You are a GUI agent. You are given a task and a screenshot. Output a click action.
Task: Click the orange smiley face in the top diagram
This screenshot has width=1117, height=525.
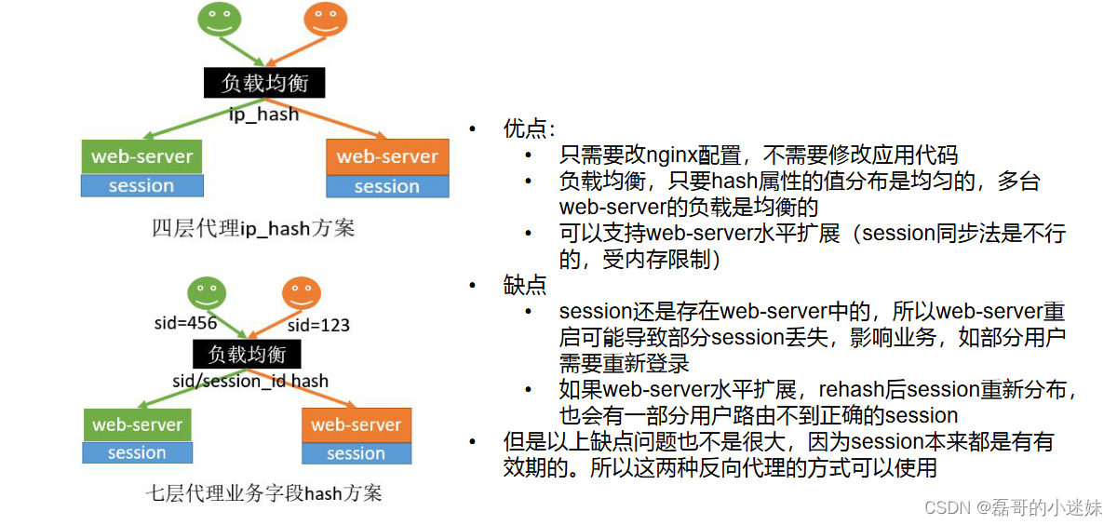click(x=326, y=20)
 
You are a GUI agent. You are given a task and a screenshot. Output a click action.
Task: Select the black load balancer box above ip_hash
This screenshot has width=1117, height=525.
click(x=264, y=83)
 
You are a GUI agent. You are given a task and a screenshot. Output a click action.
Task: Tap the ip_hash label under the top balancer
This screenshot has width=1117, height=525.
click(x=264, y=114)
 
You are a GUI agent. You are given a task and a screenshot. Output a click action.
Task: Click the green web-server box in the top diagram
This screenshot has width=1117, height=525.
click(x=141, y=156)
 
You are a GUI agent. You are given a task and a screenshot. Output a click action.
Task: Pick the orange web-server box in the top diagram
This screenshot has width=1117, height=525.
click(x=387, y=156)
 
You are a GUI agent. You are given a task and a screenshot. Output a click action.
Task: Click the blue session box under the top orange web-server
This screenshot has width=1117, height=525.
click(x=387, y=186)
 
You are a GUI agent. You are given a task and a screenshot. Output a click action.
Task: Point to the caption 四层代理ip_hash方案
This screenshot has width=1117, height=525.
click(x=253, y=228)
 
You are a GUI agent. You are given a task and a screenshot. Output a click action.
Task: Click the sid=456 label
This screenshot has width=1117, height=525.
click(x=185, y=323)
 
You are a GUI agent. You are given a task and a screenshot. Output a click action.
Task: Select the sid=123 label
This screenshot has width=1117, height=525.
click(x=318, y=325)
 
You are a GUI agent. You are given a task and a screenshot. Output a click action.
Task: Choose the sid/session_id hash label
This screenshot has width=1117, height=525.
click(x=250, y=381)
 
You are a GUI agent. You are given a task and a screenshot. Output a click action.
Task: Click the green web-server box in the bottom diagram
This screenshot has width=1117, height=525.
click(x=137, y=424)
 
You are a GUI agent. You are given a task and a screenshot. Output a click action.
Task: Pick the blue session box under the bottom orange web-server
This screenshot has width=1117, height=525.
click(x=357, y=453)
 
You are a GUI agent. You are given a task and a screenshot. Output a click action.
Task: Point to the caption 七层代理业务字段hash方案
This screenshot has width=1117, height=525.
click(x=264, y=492)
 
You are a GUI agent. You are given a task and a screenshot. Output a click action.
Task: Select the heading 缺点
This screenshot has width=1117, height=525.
click(x=525, y=285)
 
